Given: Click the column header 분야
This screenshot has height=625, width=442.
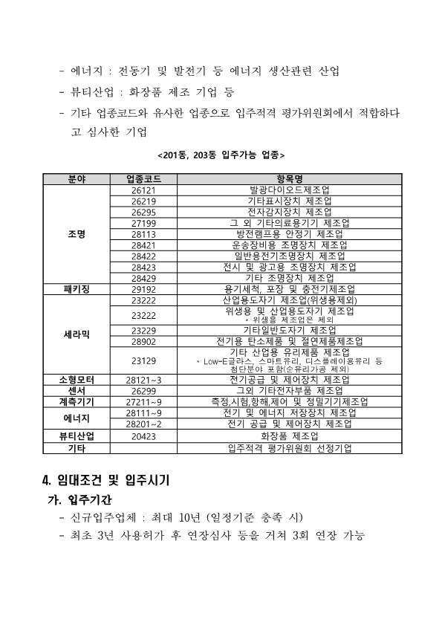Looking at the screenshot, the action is [x=76, y=179].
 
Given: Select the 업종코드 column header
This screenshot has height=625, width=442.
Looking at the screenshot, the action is [x=143, y=179].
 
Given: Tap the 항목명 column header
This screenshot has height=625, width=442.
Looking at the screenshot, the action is [x=289, y=179].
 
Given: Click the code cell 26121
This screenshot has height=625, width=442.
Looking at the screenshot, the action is [x=143, y=190].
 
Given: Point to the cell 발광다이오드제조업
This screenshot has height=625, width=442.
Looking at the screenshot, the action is [x=289, y=190].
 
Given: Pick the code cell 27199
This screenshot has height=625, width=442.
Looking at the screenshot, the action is [x=143, y=223].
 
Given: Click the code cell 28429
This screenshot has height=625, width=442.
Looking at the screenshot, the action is [x=143, y=277].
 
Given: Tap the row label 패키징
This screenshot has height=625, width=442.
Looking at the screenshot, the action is [x=76, y=288].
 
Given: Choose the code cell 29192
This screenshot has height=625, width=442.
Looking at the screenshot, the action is [x=143, y=288].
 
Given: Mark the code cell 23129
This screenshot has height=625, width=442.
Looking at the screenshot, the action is [x=143, y=360].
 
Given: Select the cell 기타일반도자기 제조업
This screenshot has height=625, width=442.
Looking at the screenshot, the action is [x=289, y=330].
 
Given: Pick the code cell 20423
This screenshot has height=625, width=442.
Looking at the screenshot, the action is [x=143, y=436].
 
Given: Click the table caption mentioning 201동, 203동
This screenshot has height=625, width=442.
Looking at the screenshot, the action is [x=221, y=155].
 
